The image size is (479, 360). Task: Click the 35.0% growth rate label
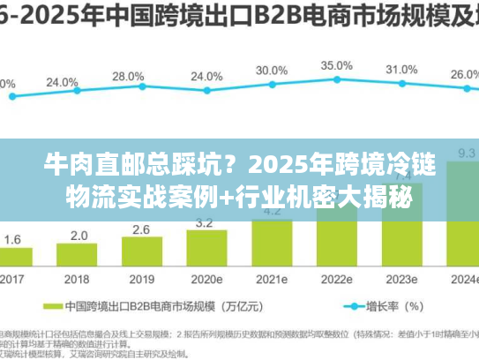(x=337, y=65)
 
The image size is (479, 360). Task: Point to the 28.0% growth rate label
(x=129, y=77)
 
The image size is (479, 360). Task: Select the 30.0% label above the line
(x=272, y=70)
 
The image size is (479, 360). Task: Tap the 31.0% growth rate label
(x=401, y=70)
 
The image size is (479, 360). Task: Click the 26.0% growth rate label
(x=465, y=75)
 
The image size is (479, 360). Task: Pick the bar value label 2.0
(x=79, y=236)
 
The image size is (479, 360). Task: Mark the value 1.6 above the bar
(x=13, y=239)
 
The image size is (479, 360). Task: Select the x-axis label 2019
(x=142, y=279)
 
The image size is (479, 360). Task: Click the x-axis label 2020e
(x=206, y=279)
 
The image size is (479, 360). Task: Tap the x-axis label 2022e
(x=336, y=279)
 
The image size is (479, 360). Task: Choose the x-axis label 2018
(x=78, y=279)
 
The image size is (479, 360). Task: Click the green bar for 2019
(x=142, y=253)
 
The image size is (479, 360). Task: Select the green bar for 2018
(x=78, y=256)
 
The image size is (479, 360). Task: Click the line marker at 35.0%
(x=337, y=80)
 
